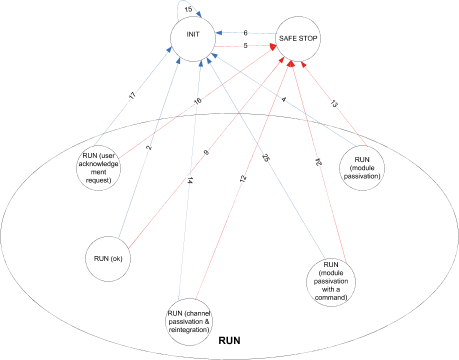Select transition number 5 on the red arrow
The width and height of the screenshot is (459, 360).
coord(245,46)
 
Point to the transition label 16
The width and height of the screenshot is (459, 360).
coord(197,102)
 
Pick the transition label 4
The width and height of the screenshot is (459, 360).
coord(284,99)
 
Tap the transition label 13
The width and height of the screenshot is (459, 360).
coord(333,103)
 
